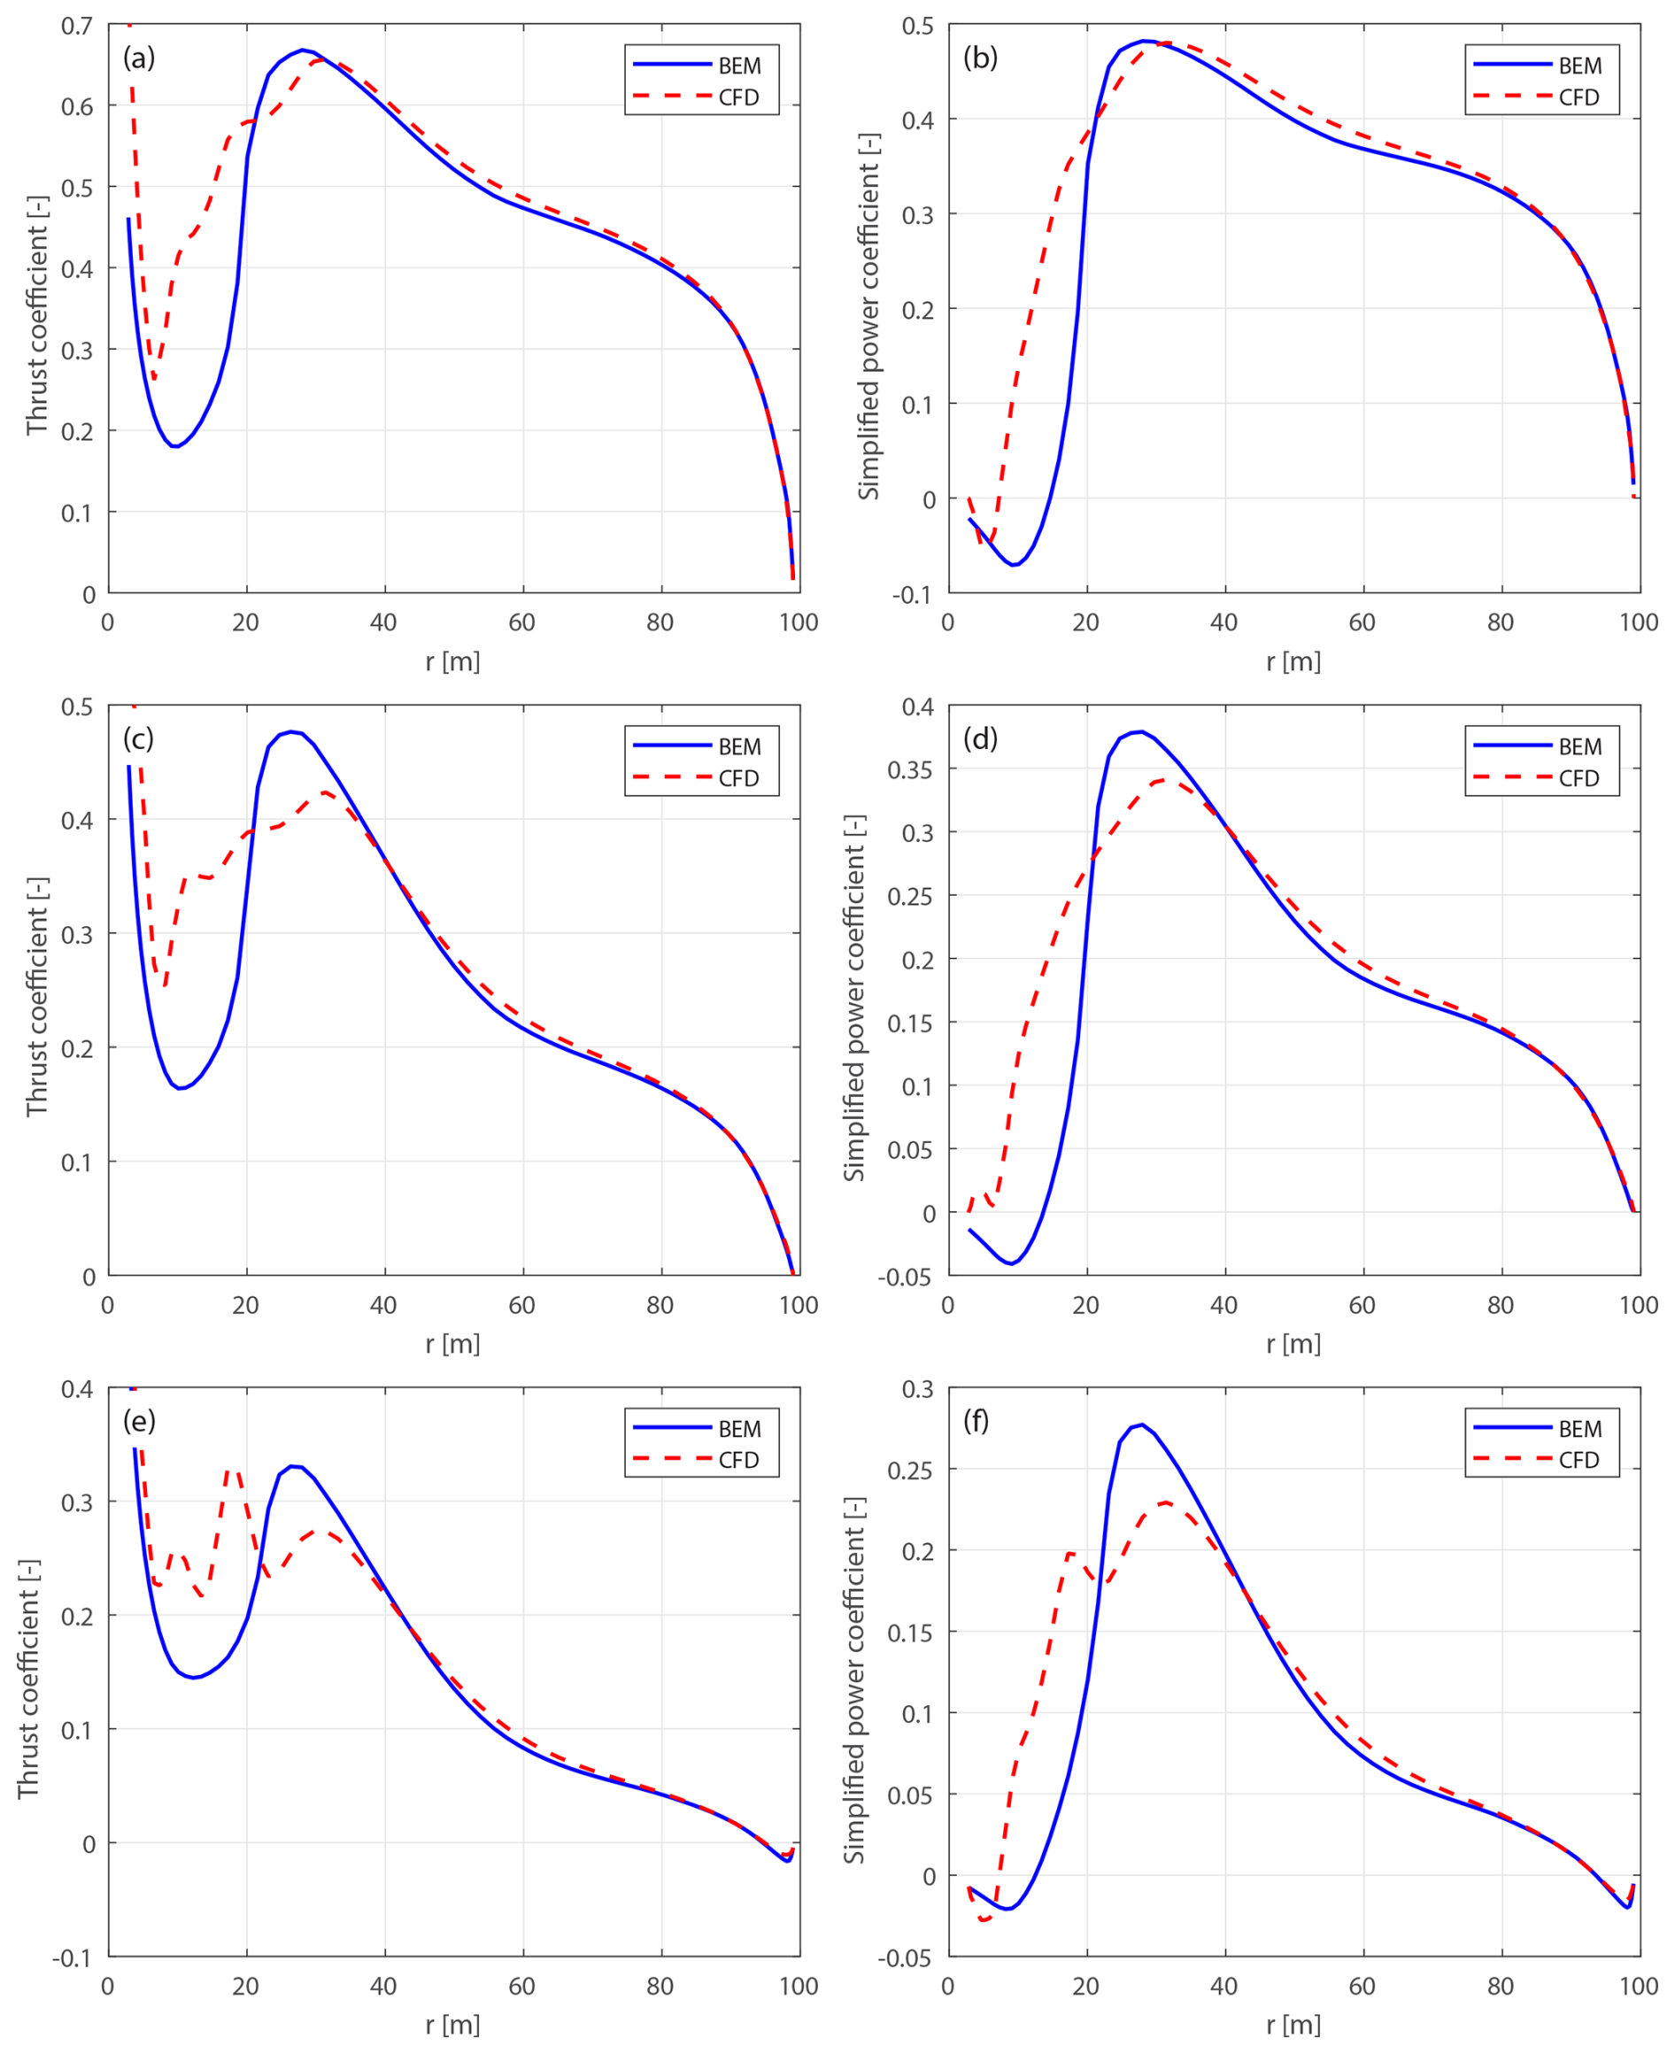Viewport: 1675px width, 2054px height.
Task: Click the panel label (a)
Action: [x=139, y=58]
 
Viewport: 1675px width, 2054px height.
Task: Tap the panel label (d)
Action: [x=980, y=739]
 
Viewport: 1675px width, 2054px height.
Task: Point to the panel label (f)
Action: [x=976, y=1421]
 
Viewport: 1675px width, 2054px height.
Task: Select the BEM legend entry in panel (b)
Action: [x=1579, y=66]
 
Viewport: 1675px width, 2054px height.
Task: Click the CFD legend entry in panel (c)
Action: [x=739, y=778]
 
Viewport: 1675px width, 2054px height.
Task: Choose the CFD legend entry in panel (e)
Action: [x=739, y=1460]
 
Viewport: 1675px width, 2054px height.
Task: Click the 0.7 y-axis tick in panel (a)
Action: [x=77, y=26]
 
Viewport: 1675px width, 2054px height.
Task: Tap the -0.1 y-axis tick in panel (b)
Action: [x=912, y=594]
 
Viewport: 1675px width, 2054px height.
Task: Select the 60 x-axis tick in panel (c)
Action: [x=522, y=1305]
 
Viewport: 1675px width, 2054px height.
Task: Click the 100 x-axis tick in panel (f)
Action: [x=1639, y=1987]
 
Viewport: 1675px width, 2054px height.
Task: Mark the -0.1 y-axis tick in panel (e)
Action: [x=73, y=1958]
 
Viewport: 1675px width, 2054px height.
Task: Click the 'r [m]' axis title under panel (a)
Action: [x=452, y=662]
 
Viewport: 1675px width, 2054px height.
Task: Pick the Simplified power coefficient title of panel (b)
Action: [x=869, y=316]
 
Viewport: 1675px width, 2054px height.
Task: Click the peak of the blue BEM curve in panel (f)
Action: [x=1142, y=1424]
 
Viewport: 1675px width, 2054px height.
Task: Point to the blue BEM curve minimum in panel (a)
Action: [x=175, y=445]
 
